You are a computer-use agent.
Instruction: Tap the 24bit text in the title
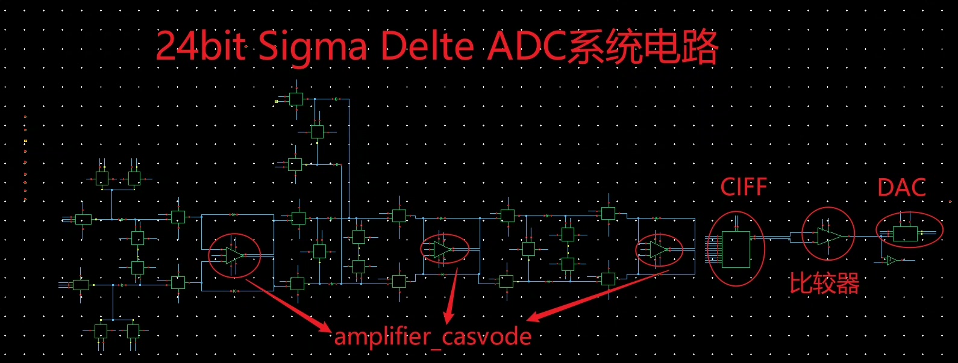pos(201,47)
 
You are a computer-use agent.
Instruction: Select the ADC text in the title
pos(527,47)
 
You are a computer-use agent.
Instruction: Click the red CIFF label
pos(744,187)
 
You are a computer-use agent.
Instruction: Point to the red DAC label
pos(901,188)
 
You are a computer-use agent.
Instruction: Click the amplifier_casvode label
pos(433,337)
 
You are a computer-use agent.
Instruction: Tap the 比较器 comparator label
pos(824,283)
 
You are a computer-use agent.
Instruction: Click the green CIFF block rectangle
pos(736,249)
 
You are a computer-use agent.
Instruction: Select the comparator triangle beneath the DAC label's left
pos(829,236)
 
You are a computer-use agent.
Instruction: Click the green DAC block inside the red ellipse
pos(905,234)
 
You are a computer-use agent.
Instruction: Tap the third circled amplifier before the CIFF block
pos(659,249)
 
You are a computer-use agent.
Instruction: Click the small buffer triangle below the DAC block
pos(891,260)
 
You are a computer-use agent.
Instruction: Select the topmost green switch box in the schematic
pos(296,99)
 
